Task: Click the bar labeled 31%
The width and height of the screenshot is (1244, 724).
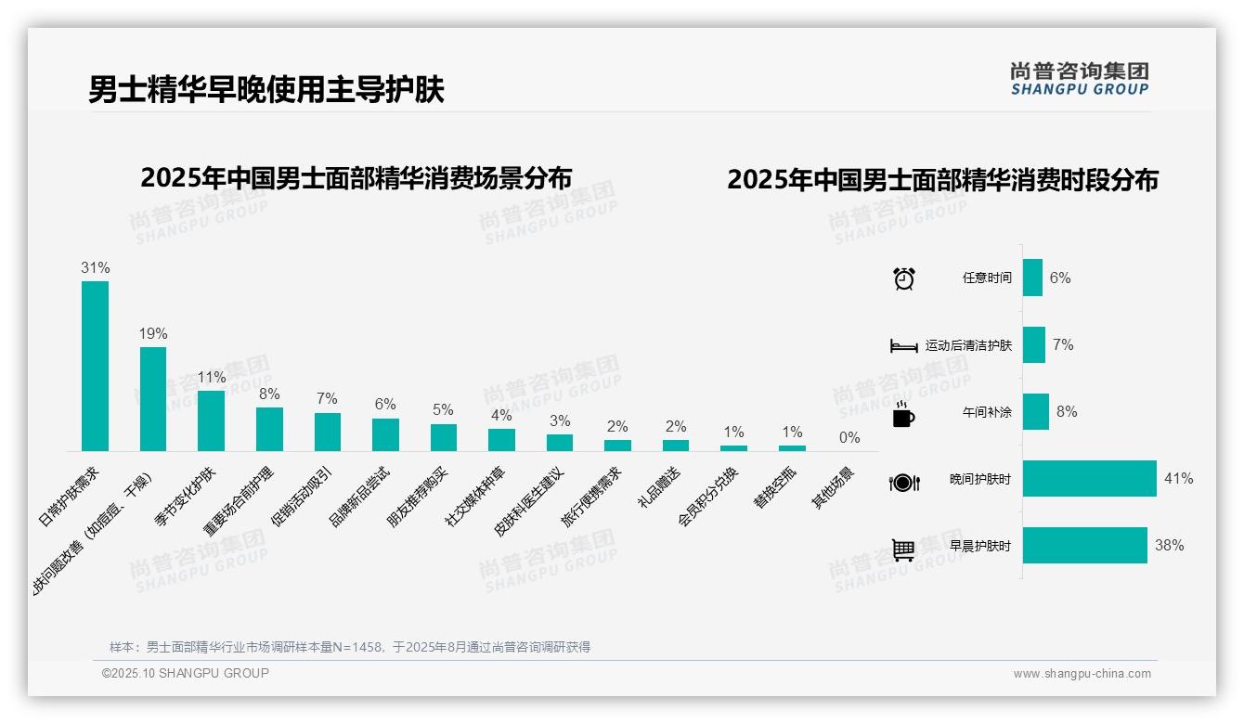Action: (95, 366)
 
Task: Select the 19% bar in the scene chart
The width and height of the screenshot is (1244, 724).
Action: (153, 399)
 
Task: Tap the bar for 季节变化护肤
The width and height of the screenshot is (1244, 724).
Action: (211, 420)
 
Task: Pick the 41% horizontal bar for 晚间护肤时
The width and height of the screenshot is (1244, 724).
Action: (1089, 479)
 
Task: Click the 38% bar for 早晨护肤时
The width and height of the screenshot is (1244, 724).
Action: (1084, 546)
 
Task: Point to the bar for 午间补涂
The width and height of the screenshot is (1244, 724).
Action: (1035, 412)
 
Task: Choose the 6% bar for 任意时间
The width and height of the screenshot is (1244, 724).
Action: (1032, 278)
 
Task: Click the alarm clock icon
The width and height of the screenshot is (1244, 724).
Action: (903, 278)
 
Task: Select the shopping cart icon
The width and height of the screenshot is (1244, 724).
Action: (903, 549)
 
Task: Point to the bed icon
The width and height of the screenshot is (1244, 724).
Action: (903, 346)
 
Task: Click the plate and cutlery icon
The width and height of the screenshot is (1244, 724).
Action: (903, 482)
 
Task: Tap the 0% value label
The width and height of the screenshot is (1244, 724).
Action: (849, 438)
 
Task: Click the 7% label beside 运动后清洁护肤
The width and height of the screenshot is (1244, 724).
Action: (1063, 345)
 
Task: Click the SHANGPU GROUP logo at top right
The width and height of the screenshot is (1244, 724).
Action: (1079, 79)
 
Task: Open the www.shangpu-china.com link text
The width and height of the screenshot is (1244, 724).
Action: (1082, 674)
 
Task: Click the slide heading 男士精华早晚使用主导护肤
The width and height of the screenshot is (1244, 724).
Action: (266, 89)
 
